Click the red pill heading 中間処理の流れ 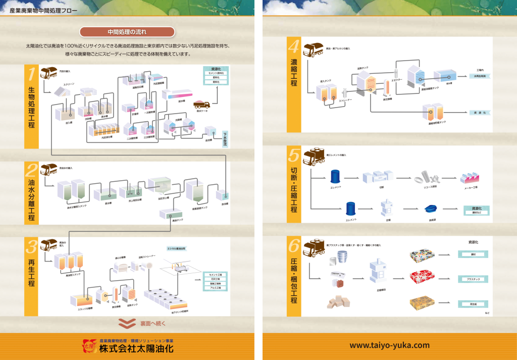pyautogui.click(x=127, y=32)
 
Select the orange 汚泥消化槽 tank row pyautogui.click(x=107, y=130)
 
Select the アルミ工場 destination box pyautogui.click(x=215, y=288)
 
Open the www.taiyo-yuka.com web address pyautogui.click(x=389, y=345)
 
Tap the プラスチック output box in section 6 pyautogui.click(x=473, y=279)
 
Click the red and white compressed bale pyautogui.click(x=422, y=277)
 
